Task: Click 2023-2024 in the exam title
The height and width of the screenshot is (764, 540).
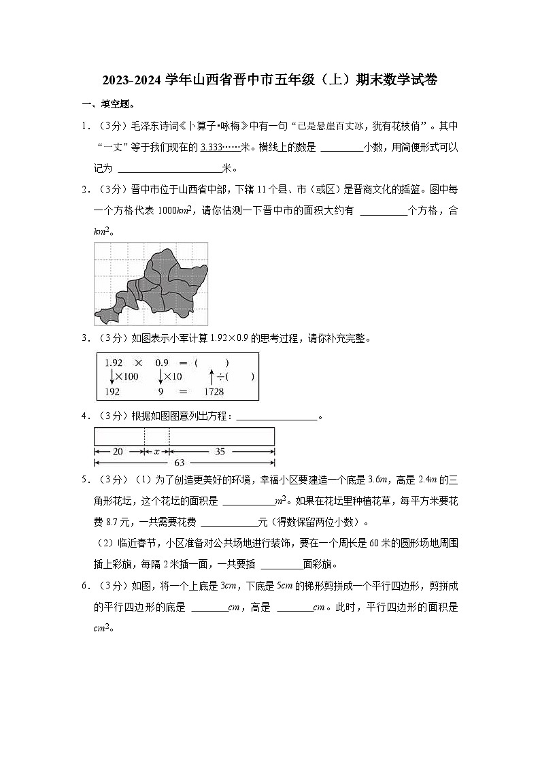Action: click(x=133, y=80)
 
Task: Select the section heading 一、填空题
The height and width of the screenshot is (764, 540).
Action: click(x=108, y=104)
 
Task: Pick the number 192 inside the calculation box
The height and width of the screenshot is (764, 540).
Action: click(x=112, y=392)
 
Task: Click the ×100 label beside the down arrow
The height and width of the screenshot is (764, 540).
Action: click(x=126, y=377)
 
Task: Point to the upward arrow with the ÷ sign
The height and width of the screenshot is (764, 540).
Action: click(x=212, y=377)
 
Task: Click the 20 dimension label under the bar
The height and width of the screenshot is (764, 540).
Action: click(x=118, y=451)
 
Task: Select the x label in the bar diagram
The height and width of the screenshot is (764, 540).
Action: click(x=156, y=451)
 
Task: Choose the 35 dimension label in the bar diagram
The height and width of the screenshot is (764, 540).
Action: click(x=220, y=451)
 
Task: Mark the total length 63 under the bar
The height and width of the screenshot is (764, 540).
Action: click(x=179, y=463)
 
